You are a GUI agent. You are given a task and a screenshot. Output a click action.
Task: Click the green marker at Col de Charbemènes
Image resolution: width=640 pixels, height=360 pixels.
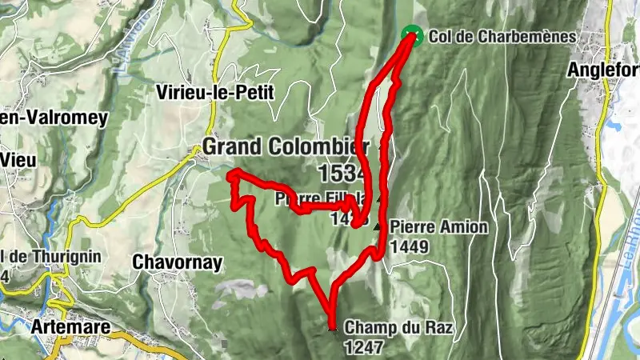411,34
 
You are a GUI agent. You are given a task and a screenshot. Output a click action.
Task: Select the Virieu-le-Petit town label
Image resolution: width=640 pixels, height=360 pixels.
216,92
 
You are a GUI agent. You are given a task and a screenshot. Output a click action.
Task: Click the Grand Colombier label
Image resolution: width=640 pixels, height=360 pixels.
286,147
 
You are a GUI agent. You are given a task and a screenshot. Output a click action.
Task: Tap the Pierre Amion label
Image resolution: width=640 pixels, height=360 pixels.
439,227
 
